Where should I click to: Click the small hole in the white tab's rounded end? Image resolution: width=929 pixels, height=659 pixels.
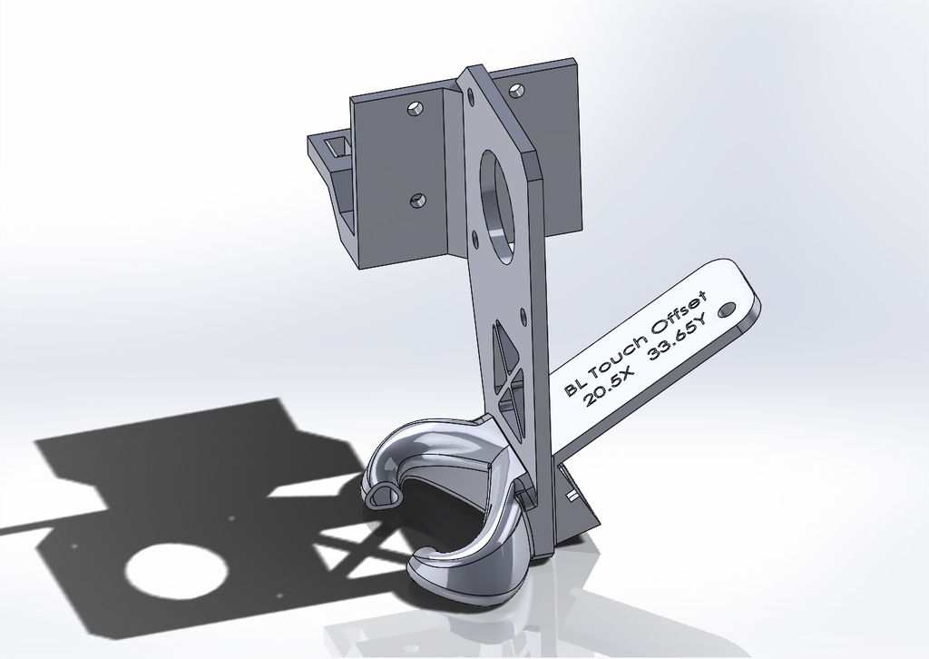pyautogui.click(x=726, y=309)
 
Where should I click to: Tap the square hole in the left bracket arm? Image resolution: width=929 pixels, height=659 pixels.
pyautogui.click(x=337, y=146)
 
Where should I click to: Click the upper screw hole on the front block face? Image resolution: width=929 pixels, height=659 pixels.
pyautogui.click(x=414, y=109)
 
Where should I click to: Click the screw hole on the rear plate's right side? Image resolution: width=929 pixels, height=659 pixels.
pyautogui.click(x=516, y=90)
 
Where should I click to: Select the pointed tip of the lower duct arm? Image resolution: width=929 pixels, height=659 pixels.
pyautogui.click(x=417, y=556)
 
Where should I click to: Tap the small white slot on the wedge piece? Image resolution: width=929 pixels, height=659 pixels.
pyautogui.click(x=572, y=497)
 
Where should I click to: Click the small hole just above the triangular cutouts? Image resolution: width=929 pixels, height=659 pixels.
pyautogui.click(x=523, y=317)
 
